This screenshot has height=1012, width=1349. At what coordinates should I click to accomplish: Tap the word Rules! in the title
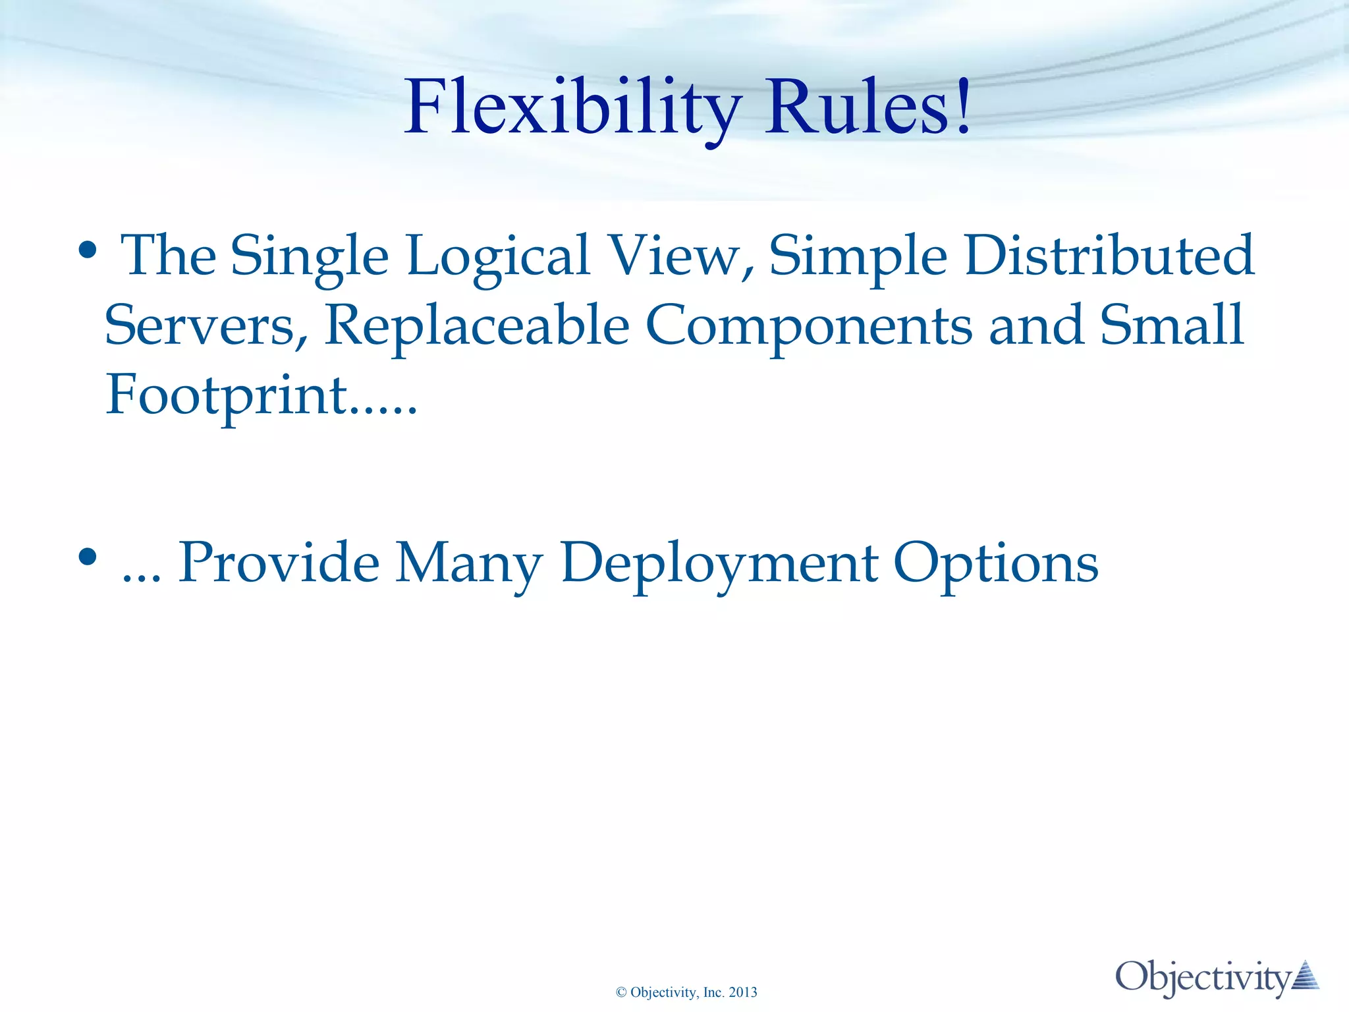point(867,107)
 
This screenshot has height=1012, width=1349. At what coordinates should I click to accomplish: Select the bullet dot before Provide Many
point(88,557)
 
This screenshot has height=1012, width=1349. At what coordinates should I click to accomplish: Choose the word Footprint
point(227,395)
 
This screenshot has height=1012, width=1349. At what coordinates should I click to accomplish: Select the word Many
point(468,563)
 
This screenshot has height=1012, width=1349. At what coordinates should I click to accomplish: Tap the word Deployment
point(719,563)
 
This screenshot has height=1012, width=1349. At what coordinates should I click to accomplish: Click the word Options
point(995,563)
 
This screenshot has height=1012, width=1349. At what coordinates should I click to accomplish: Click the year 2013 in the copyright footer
point(743,993)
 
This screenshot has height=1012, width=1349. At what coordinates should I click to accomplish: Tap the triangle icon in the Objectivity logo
point(1306,976)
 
